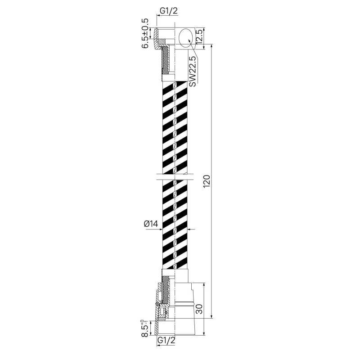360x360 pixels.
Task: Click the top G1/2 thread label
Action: [169, 11]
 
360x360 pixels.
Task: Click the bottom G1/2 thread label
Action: [166, 340]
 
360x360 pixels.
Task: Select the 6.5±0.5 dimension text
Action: [145, 33]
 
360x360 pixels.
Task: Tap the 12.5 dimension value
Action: [199, 37]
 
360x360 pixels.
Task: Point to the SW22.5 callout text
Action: [193, 72]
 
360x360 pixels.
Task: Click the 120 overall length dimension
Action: [207, 181]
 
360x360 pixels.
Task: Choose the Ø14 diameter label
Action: [151, 223]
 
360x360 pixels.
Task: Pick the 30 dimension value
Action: [199, 309]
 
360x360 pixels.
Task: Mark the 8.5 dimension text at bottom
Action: [145, 328]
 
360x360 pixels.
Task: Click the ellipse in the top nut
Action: [187, 38]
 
